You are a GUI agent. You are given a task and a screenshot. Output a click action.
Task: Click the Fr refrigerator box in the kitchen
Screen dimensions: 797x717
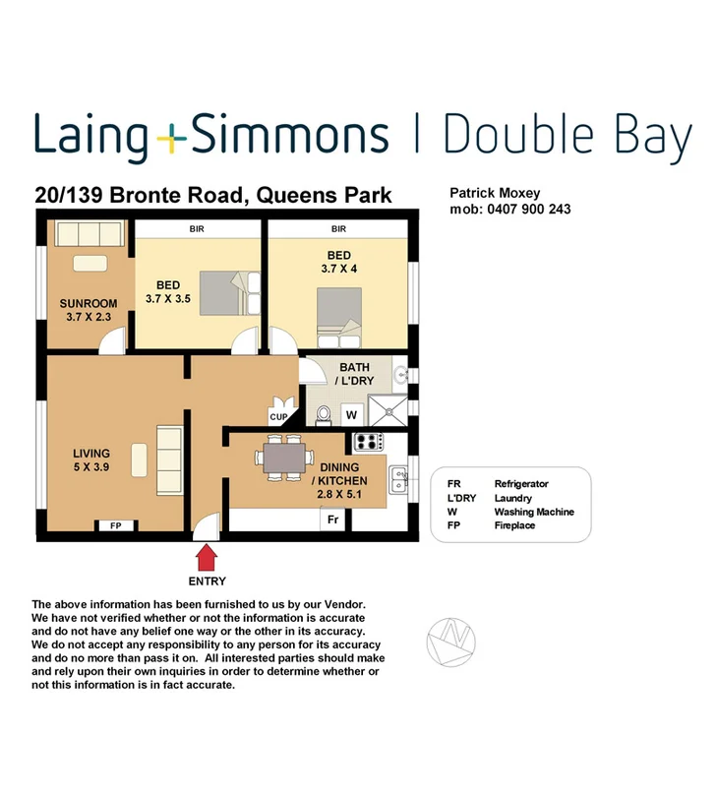[333, 520]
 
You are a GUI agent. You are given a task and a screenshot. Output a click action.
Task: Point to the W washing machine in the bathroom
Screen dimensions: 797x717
[351, 415]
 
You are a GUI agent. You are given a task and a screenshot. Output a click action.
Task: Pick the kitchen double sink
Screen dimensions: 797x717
[399, 480]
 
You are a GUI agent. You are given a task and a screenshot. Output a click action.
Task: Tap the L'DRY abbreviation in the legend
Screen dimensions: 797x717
[461, 499]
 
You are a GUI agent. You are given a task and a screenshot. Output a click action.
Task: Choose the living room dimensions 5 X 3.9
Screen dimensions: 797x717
[90, 468]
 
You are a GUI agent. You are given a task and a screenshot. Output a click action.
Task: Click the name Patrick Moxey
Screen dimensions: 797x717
[495, 195]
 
